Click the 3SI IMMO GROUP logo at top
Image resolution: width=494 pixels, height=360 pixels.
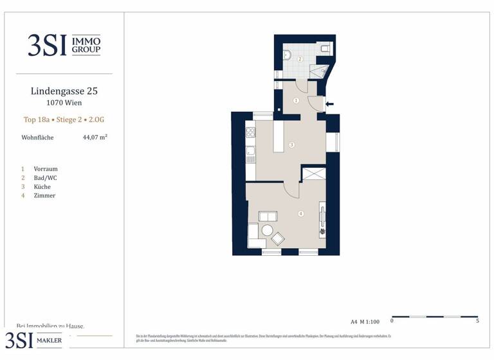pos(64,45)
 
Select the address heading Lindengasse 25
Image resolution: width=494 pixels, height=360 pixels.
pos(64,91)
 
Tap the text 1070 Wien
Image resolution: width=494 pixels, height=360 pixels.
pos(64,103)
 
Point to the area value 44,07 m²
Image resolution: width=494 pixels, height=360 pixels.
pos(95,137)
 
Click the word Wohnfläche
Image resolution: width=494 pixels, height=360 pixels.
pos(37,138)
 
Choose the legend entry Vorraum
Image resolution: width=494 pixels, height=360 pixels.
pos(45,169)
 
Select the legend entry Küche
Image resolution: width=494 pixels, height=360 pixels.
pos(42,187)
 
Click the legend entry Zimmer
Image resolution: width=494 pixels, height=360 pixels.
pos(44,196)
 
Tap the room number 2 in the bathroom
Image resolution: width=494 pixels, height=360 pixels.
pos(300,59)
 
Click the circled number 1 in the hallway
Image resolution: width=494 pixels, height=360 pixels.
pos(296,100)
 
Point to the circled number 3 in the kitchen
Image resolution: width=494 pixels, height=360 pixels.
pos(291,145)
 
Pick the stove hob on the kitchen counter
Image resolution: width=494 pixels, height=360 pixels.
pos(250,134)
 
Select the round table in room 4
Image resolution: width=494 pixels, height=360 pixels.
pos(267,230)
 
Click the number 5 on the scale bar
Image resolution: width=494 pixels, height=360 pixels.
pos(477,321)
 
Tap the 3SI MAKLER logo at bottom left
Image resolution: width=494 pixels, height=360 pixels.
pos(35,341)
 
